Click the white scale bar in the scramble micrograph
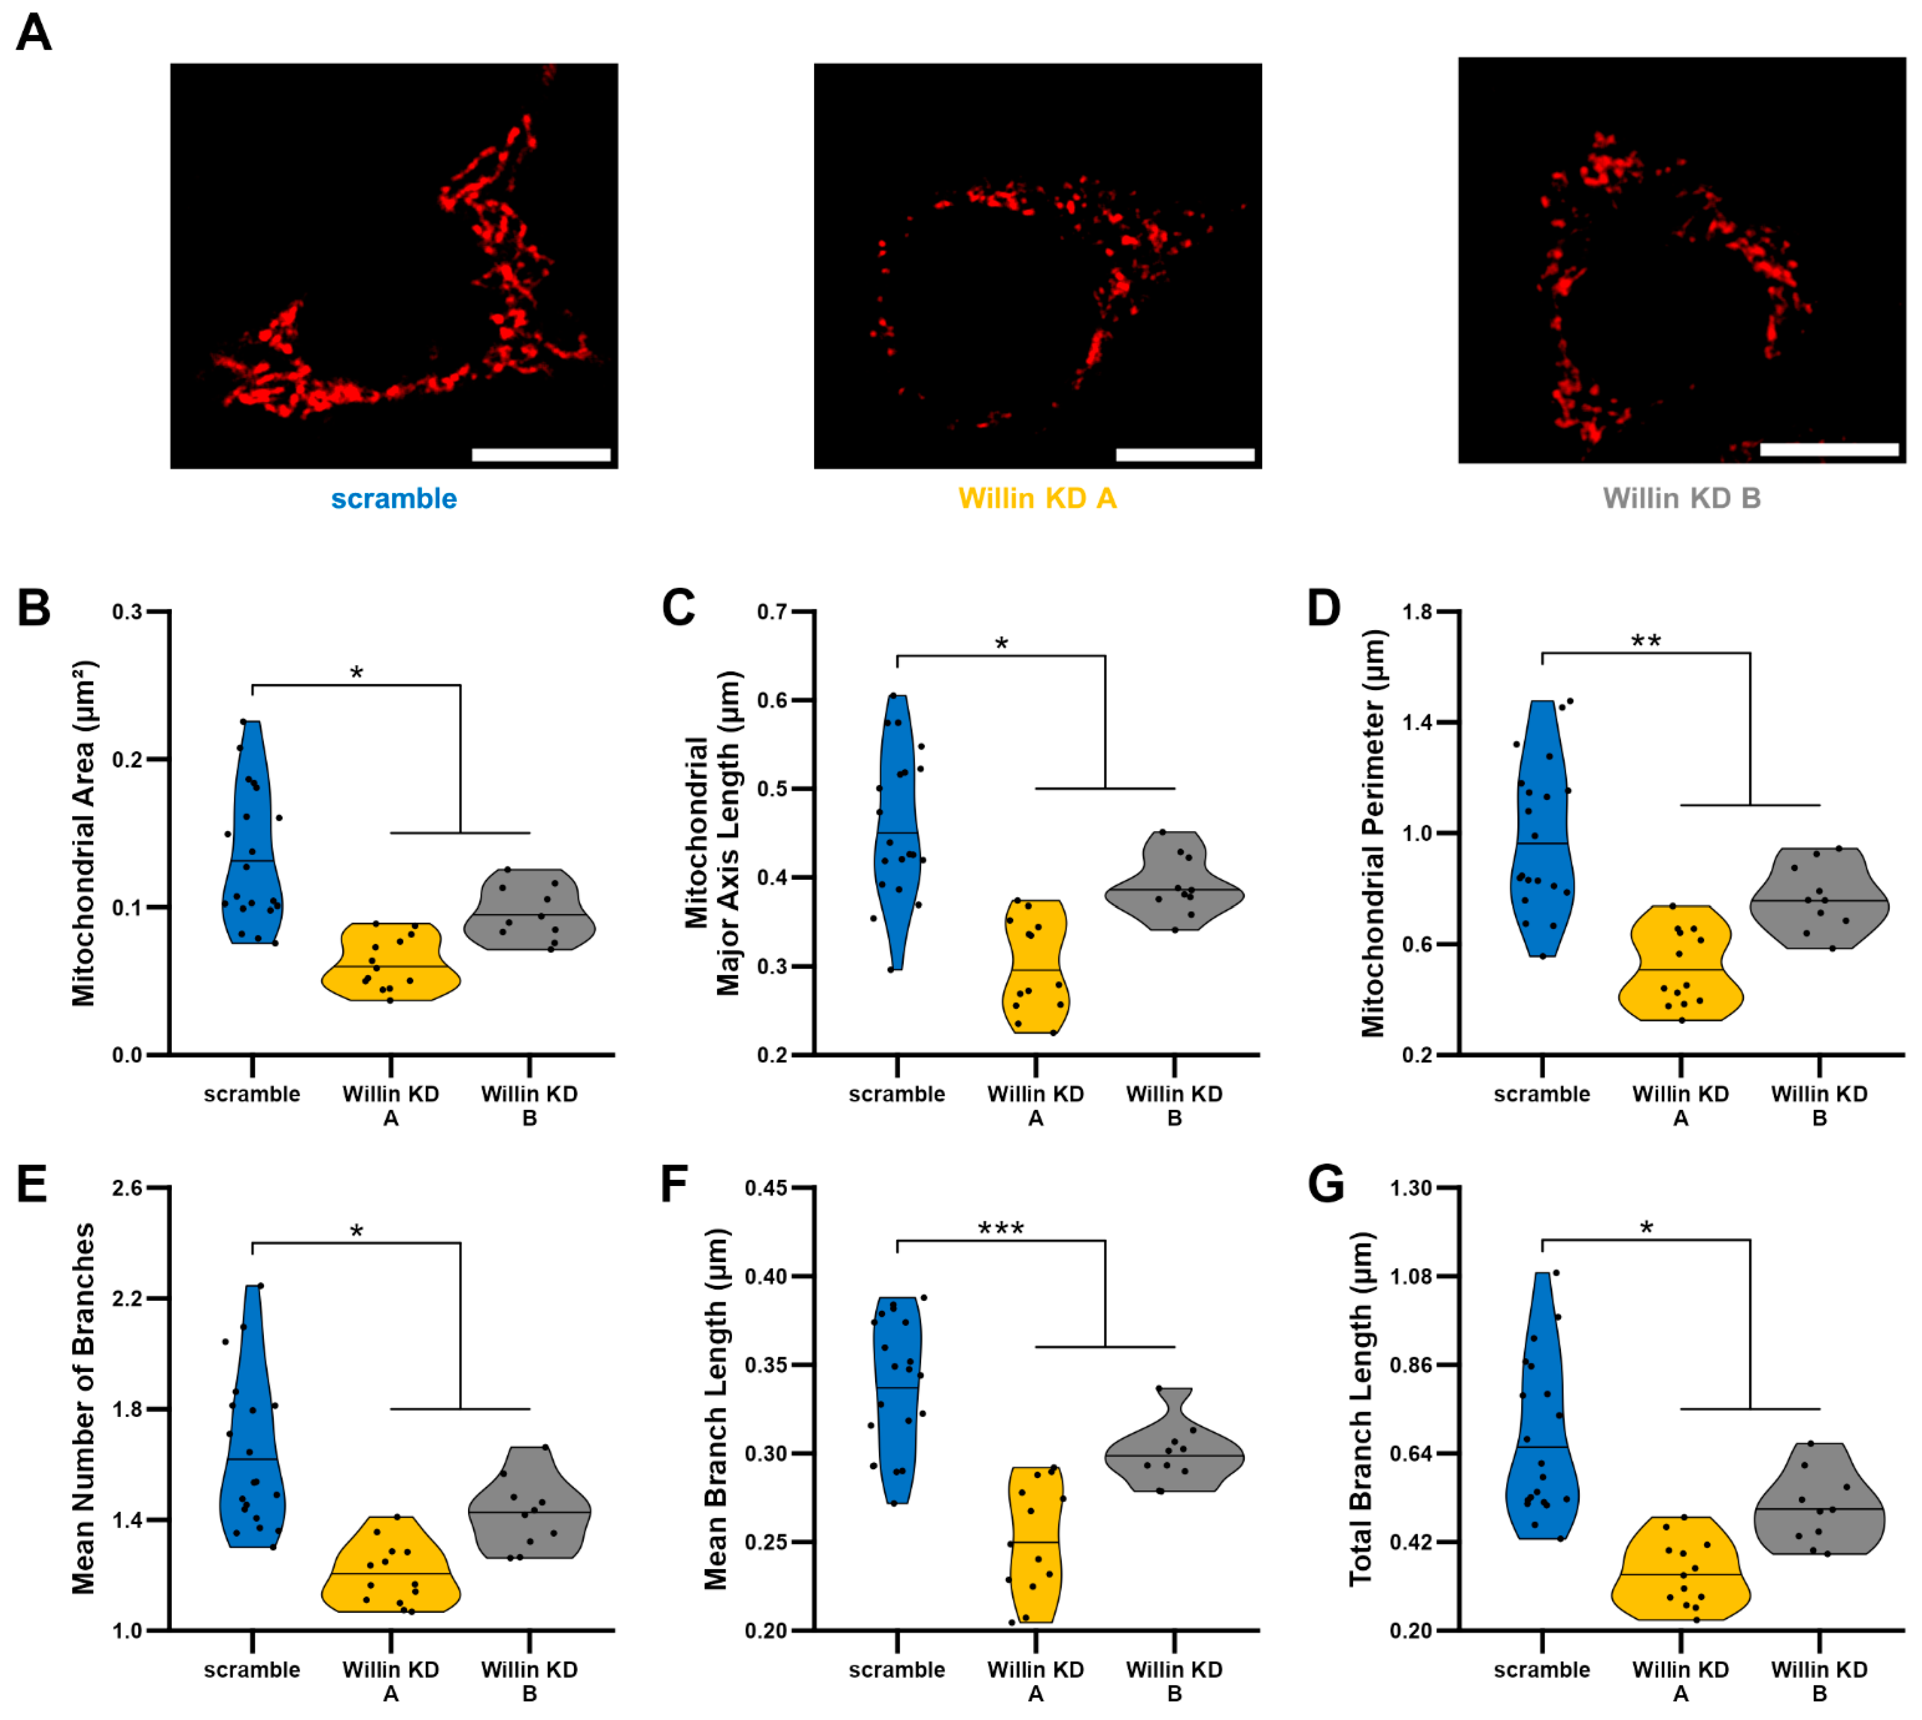(x=541, y=455)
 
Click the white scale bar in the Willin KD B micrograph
(x=1829, y=450)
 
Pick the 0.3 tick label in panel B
(x=128, y=612)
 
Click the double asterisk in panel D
(x=1646, y=642)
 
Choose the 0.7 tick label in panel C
(x=773, y=612)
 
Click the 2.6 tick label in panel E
(x=128, y=1188)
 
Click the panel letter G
(x=1325, y=1184)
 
